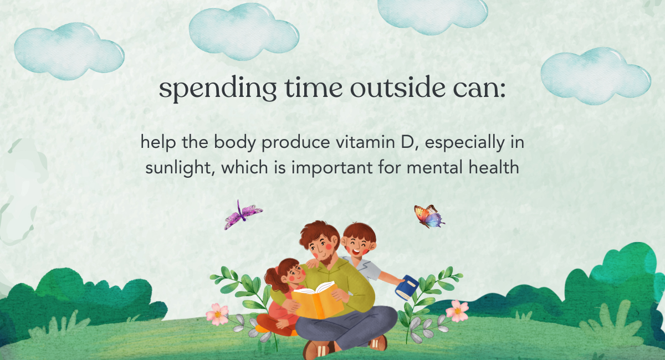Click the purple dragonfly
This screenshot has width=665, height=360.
pyautogui.click(x=243, y=214)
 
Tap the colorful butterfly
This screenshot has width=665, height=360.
pyautogui.click(x=429, y=217)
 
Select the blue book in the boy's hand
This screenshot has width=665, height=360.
pyautogui.click(x=407, y=287)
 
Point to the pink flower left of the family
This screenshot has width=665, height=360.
pyautogui.click(x=217, y=314)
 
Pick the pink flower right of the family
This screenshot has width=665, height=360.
pyautogui.click(x=457, y=311)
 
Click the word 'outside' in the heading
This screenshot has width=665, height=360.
pyautogui.click(x=398, y=88)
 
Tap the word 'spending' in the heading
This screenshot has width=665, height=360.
pyautogui.click(x=218, y=89)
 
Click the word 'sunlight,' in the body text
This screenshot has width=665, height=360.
pyautogui.click(x=180, y=168)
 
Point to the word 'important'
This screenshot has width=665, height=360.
pyautogui.click(x=331, y=168)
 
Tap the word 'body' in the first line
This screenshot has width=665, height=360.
pyautogui.click(x=234, y=143)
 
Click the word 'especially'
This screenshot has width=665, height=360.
pyautogui.click(x=464, y=143)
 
